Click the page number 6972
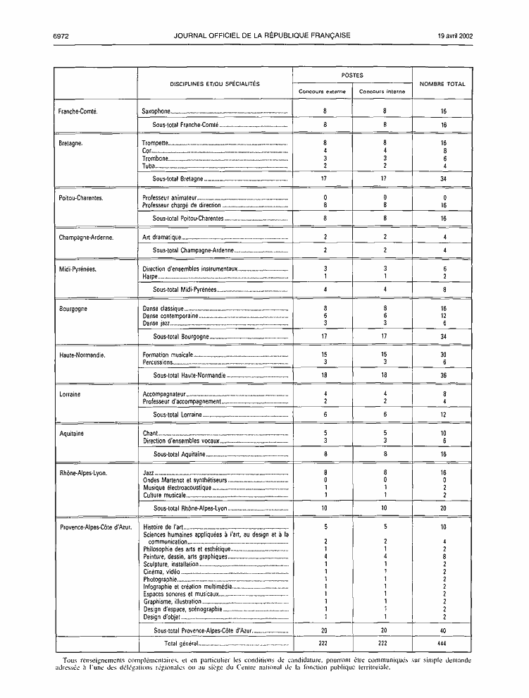click(59, 35)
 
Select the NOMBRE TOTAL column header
click(442, 84)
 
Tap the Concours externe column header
click(322, 92)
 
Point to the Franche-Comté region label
click(77, 111)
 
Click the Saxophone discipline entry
click(156, 111)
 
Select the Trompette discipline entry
click(156, 143)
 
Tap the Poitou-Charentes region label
click(81, 198)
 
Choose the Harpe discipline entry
click(150, 276)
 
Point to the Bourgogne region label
click(73, 308)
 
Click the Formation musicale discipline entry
click(168, 355)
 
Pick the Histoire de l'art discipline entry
click(163, 527)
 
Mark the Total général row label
click(180, 644)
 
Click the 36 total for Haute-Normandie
click(444, 376)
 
